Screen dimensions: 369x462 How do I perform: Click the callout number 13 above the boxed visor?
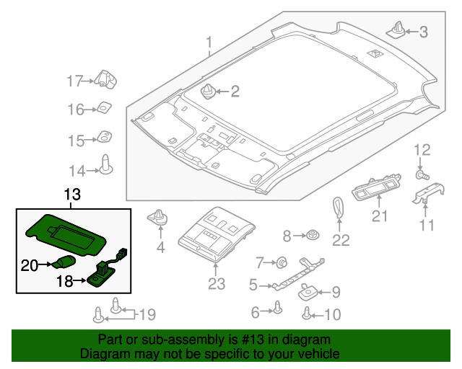(73, 195)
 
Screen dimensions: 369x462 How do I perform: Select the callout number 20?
(28, 266)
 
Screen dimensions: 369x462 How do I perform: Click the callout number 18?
(64, 282)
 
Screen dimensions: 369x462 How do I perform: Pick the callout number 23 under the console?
(217, 284)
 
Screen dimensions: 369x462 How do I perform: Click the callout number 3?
(424, 32)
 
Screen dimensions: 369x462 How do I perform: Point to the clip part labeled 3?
(397, 30)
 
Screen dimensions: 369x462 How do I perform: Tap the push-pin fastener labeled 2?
(208, 92)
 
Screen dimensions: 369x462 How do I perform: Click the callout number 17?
(76, 81)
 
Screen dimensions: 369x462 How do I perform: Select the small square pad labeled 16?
(105, 109)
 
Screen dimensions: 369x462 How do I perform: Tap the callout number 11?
(428, 226)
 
